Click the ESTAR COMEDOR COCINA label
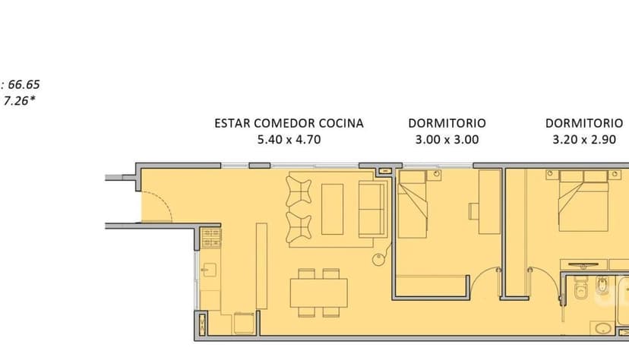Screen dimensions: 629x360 [289, 123]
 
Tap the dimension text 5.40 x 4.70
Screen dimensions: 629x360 [289, 140]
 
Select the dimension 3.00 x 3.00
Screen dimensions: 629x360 [447, 140]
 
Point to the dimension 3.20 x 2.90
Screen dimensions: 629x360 [584, 140]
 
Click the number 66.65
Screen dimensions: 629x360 [24, 84]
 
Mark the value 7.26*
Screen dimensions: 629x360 [19, 100]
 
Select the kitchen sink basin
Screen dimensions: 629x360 [210, 270]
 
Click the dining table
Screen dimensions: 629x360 [318, 292]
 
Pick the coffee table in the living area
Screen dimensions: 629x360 [332, 209]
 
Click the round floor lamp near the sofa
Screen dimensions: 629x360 [378, 260]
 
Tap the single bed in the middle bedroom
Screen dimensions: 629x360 [412, 204]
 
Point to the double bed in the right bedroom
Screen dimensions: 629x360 [583, 201]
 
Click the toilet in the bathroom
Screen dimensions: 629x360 [580, 289]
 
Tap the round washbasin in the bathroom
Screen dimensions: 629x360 [602, 329]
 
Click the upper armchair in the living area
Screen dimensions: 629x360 [298, 191]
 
